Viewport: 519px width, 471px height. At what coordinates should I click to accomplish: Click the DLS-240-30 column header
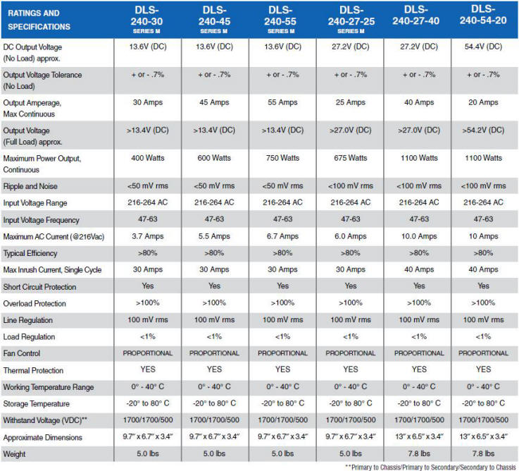pos(146,20)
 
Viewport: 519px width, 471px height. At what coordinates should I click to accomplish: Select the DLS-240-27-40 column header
pos(416,16)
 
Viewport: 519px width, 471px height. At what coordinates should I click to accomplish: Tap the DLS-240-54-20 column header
pos(483,15)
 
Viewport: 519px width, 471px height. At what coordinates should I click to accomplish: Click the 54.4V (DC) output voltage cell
pos(483,47)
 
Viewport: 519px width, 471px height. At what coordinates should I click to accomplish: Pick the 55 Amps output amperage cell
pos(282,102)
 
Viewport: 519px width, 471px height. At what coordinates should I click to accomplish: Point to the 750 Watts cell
pos(282,158)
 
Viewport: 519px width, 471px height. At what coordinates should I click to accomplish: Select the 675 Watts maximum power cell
pos(351,158)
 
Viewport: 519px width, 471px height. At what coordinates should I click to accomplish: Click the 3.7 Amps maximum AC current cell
pos(148,236)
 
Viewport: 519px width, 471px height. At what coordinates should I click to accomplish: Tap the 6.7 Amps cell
pos(282,236)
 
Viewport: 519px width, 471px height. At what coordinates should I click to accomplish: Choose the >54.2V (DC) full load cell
pos(483,130)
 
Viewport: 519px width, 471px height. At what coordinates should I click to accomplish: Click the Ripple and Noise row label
pos(30,186)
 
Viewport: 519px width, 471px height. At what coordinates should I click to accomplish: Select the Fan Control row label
pos(22,353)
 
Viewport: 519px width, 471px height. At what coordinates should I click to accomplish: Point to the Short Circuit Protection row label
pos(39,287)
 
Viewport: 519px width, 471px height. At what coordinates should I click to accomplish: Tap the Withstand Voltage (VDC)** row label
pos(45,420)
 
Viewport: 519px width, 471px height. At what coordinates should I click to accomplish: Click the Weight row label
pos(14,454)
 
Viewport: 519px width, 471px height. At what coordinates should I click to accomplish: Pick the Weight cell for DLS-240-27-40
pos(419,453)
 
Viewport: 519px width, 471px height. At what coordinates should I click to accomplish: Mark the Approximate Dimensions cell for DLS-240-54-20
pos(483,436)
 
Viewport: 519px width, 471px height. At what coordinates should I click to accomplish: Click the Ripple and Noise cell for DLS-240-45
pos(214,186)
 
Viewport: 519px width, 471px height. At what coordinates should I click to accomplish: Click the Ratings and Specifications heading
pos(39,20)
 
